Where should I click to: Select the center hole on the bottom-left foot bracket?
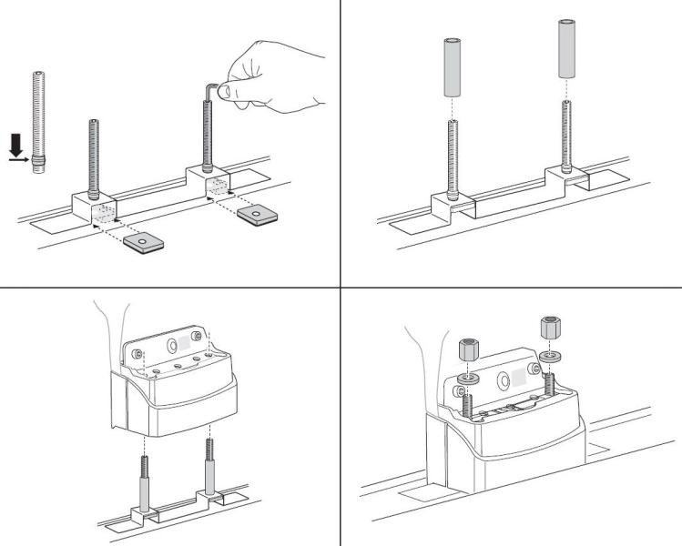click(173, 347)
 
